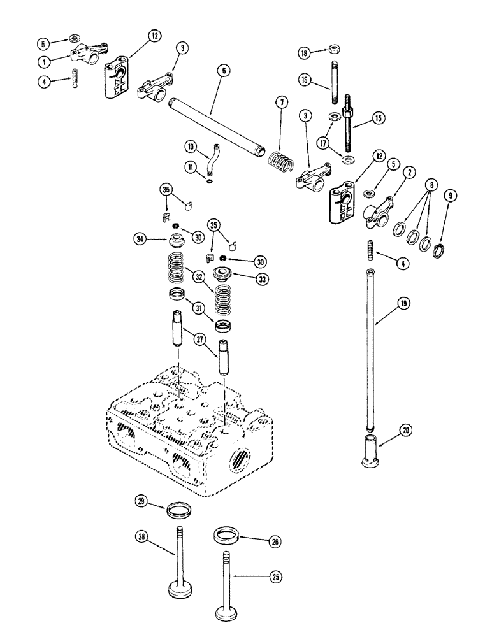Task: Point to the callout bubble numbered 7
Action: pyautogui.click(x=279, y=103)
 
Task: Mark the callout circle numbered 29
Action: pyautogui.click(x=142, y=502)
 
